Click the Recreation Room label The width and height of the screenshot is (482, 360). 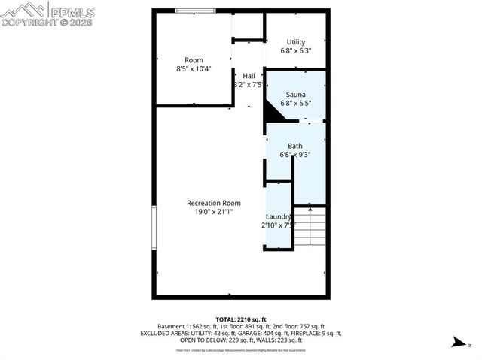(x=214, y=203)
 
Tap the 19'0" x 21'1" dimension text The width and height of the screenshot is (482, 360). (x=214, y=212)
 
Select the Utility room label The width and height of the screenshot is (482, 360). (x=295, y=42)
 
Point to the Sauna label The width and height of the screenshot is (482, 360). (x=295, y=95)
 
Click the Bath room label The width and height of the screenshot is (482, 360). (x=295, y=146)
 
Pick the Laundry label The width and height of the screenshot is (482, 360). (x=279, y=216)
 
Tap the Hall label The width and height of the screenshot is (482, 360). (x=249, y=76)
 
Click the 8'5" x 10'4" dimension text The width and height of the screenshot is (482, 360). (x=194, y=68)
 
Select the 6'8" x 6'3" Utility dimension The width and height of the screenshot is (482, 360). (x=295, y=51)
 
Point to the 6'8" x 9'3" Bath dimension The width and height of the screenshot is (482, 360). (x=295, y=155)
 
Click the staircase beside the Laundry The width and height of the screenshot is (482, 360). (x=310, y=228)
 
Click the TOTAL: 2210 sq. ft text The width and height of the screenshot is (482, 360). (x=240, y=319)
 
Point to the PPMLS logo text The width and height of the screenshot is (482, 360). (x=72, y=11)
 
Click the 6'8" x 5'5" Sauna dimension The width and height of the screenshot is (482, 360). (x=295, y=104)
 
